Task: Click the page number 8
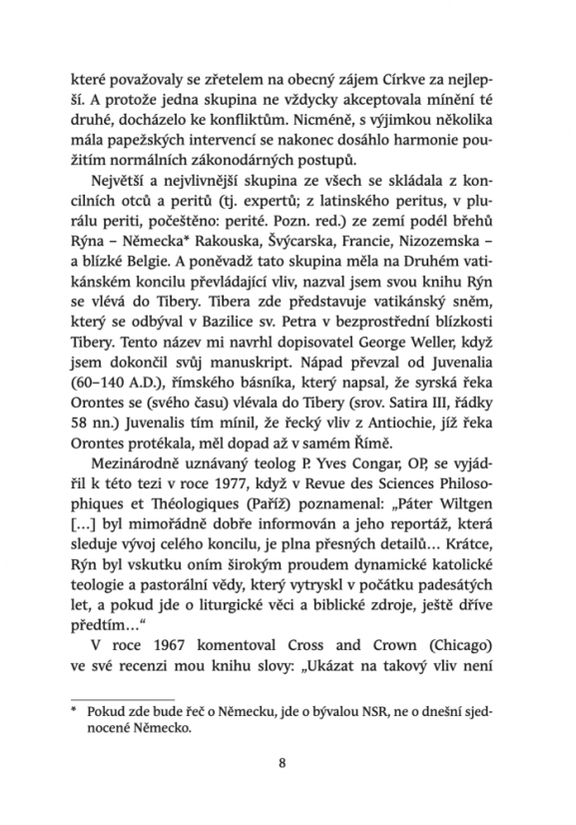(x=288, y=767)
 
